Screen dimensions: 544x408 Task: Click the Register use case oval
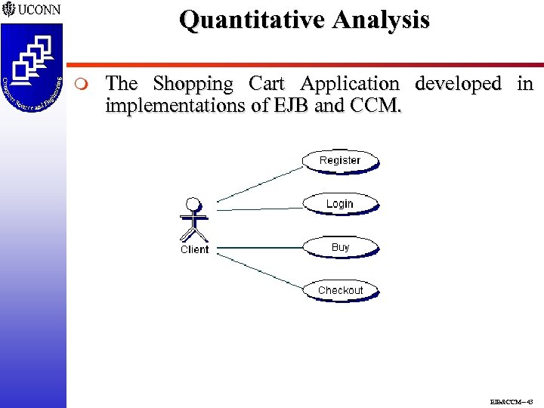(x=340, y=160)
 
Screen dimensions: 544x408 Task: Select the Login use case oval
(x=340, y=203)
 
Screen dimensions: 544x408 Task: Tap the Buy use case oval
(x=340, y=247)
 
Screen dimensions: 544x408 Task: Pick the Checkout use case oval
(x=340, y=290)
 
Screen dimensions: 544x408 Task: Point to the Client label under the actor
(x=194, y=249)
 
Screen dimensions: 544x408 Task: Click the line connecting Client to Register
(x=260, y=184)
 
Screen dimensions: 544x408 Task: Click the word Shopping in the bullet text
(x=193, y=84)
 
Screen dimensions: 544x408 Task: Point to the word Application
(x=349, y=83)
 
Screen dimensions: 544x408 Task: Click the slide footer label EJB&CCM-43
(x=512, y=401)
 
